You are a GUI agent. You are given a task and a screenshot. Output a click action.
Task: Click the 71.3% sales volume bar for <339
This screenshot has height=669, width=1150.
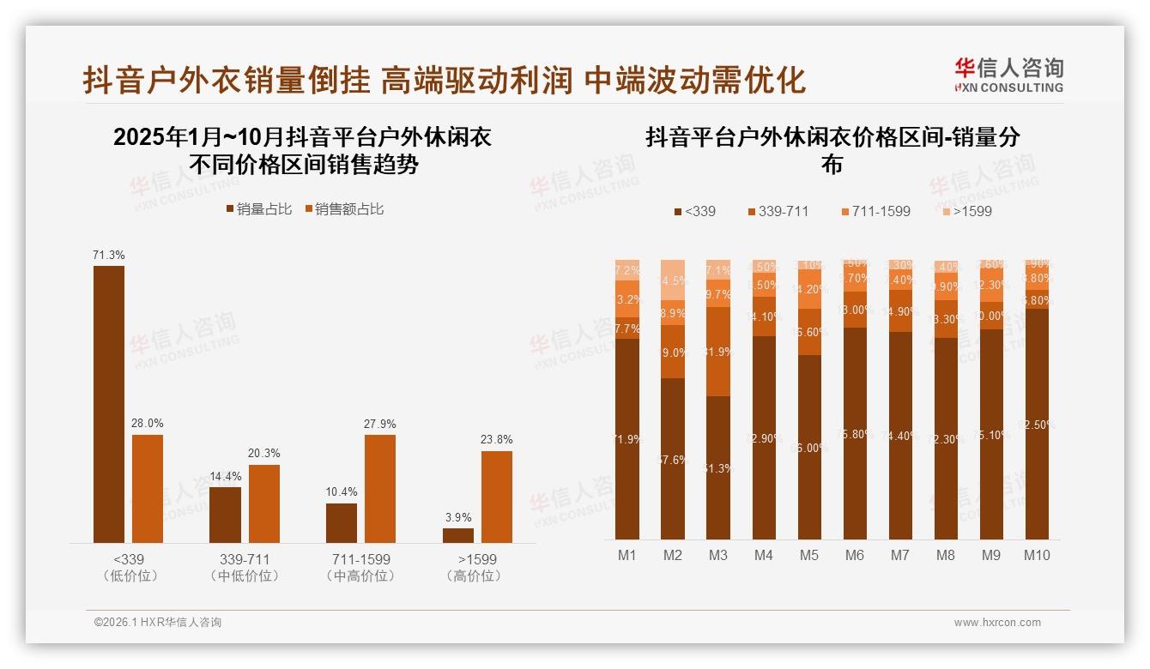coord(109,403)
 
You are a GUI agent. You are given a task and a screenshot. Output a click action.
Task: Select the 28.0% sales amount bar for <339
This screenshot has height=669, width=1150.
coord(148,488)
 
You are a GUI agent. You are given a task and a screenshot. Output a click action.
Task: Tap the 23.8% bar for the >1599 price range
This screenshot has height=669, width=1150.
coord(497,497)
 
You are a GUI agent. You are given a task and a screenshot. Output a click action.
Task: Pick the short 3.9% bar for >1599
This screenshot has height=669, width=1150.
coord(458,535)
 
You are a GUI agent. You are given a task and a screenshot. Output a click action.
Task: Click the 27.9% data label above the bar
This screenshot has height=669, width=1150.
coord(380,424)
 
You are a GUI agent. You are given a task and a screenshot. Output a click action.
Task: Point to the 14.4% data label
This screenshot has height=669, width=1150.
coord(225,476)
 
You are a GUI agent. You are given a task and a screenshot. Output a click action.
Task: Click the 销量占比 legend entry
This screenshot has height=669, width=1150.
coord(258,209)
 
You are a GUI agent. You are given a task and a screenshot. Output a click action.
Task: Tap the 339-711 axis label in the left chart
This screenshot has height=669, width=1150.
coord(245,559)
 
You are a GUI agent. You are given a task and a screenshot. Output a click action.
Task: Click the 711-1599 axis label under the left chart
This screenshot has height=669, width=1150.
coord(361,559)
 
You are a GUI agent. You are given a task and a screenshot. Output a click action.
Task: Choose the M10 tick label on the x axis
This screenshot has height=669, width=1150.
coord(1037,555)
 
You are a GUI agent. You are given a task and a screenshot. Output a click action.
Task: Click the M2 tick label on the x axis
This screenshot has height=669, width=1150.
coord(673,555)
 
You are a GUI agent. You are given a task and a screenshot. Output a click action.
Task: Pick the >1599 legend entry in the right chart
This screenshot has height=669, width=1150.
coord(966,211)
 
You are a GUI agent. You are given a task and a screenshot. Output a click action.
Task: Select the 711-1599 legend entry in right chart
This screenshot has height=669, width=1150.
coord(875,211)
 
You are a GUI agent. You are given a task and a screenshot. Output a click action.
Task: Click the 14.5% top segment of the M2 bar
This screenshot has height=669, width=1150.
coord(673,280)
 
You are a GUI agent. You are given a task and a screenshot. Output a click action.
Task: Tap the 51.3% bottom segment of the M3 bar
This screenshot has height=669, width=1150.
coord(718,467)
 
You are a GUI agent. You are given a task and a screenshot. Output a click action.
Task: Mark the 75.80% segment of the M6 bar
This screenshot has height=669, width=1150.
coord(855,433)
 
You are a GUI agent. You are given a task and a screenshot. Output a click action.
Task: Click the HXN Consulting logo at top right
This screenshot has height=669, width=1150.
coord(1009,75)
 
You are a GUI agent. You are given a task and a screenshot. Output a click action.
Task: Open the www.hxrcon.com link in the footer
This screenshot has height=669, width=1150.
coord(997,623)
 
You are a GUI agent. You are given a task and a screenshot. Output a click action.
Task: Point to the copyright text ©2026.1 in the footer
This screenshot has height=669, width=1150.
coord(158,623)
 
